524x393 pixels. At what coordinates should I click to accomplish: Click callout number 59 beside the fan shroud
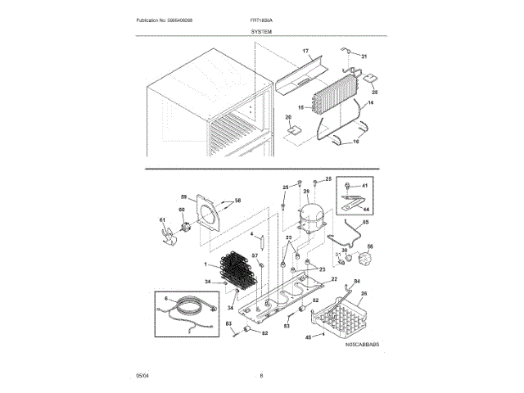tap(184, 196)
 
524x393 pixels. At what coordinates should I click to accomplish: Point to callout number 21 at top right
tap(364, 56)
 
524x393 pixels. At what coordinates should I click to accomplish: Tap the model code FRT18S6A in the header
tap(264, 20)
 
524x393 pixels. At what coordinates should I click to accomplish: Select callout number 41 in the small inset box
tap(365, 187)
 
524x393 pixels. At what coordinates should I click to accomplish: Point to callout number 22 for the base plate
tap(333, 279)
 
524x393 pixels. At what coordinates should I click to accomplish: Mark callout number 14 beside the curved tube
tap(369, 104)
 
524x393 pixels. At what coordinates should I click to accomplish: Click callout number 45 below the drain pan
tap(308, 335)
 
